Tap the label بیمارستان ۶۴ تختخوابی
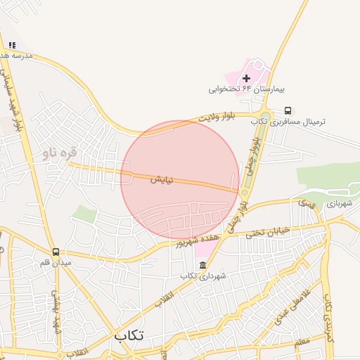click(238, 89)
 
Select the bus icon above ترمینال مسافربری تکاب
click(288, 110)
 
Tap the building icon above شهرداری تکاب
click(203, 265)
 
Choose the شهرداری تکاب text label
click(203, 276)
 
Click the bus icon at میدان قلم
click(56, 251)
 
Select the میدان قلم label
click(56, 262)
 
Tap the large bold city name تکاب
click(129, 335)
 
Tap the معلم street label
click(302, 342)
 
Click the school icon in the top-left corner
click(11, 45)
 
